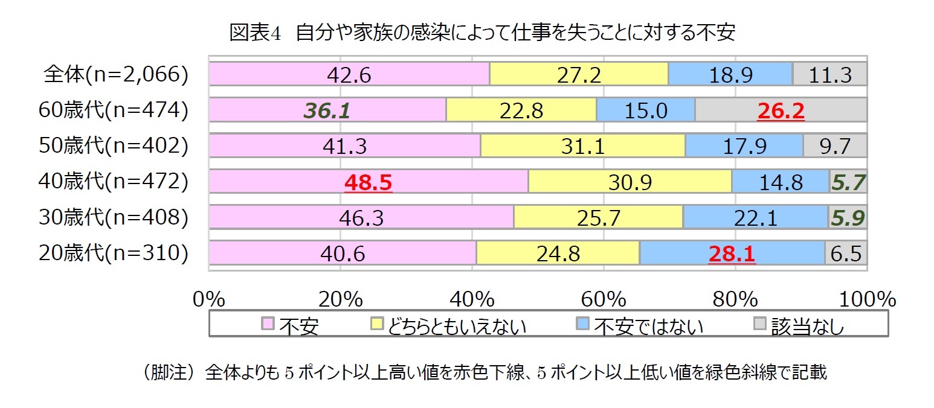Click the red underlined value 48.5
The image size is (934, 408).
coord(368,182)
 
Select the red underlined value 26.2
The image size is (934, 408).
coord(781,111)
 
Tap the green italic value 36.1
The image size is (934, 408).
coord(327,111)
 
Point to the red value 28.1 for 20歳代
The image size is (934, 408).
coord(732,253)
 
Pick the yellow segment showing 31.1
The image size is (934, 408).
coord(582,147)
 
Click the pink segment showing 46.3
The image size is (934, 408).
coord(361,218)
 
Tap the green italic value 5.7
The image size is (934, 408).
coord(848,182)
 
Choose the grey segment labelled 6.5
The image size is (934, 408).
coord(846,253)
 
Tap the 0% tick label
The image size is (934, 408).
coord(208,299)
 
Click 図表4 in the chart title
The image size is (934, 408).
coord(255,33)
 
